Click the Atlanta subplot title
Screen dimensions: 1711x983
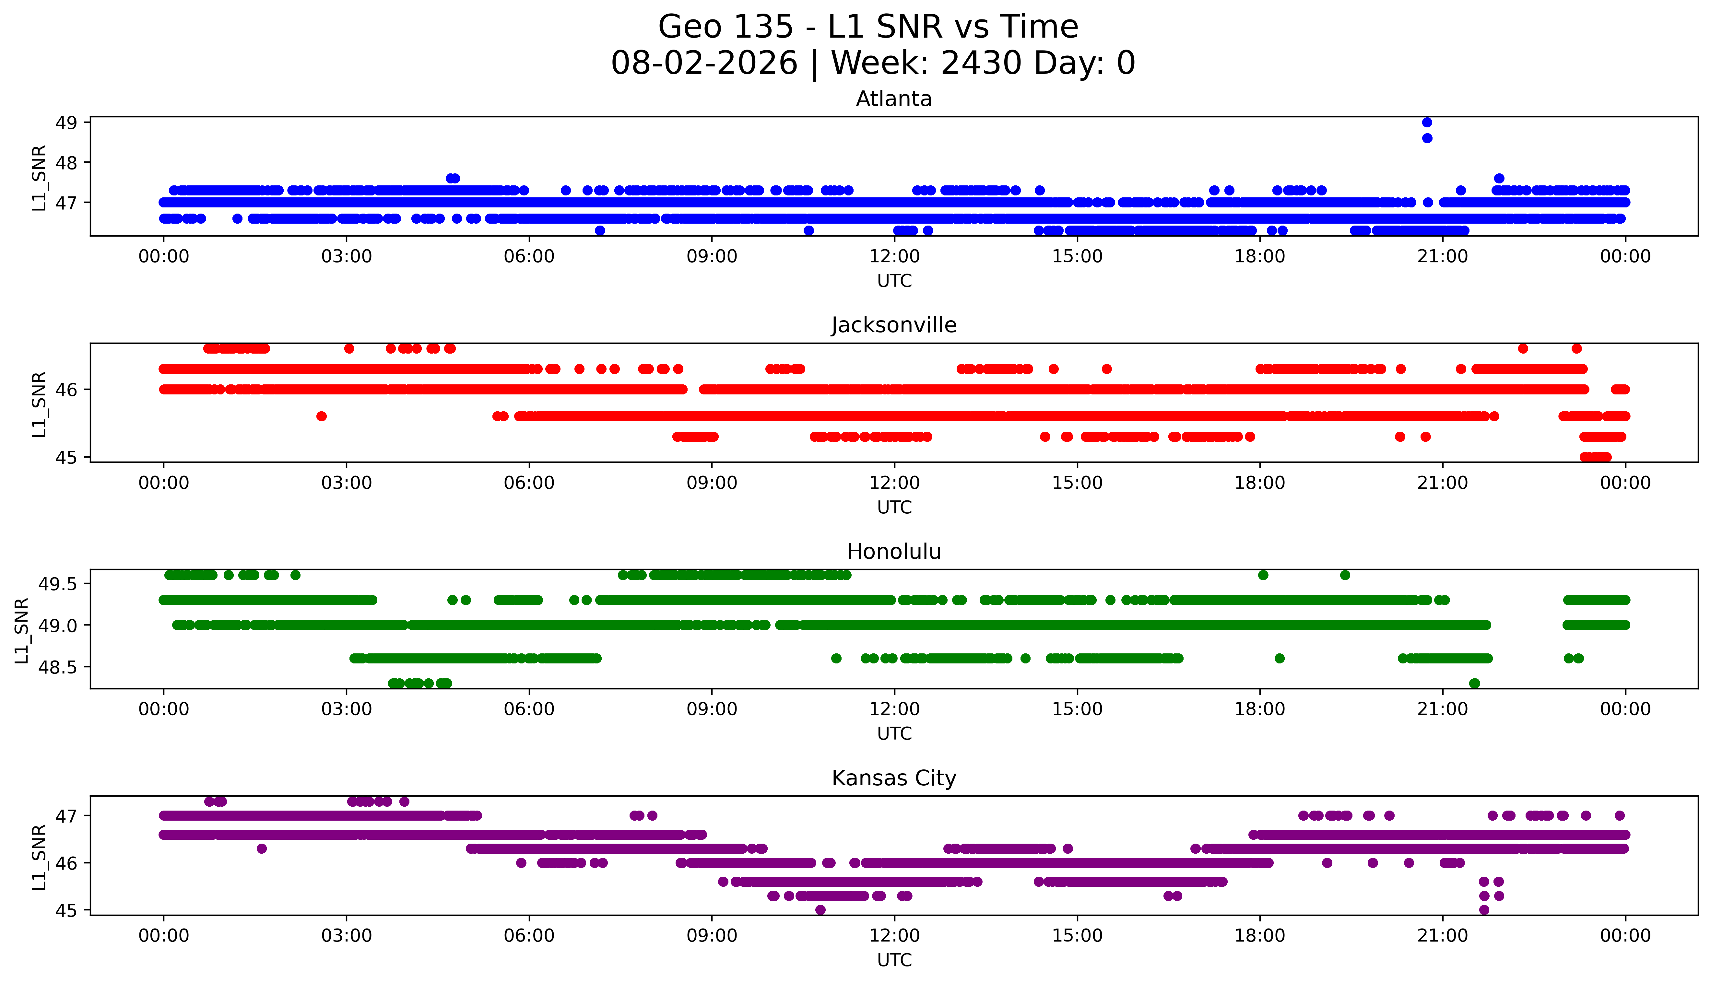(894, 99)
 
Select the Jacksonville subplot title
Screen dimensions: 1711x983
(894, 325)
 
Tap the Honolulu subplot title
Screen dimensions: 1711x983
(894, 552)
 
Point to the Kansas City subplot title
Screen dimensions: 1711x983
(894, 778)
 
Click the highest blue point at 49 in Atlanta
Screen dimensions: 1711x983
(1427, 122)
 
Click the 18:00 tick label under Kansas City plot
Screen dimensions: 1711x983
(1260, 936)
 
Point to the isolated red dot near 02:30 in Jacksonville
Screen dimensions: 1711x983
(321, 416)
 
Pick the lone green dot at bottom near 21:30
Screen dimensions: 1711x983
(1475, 683)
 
